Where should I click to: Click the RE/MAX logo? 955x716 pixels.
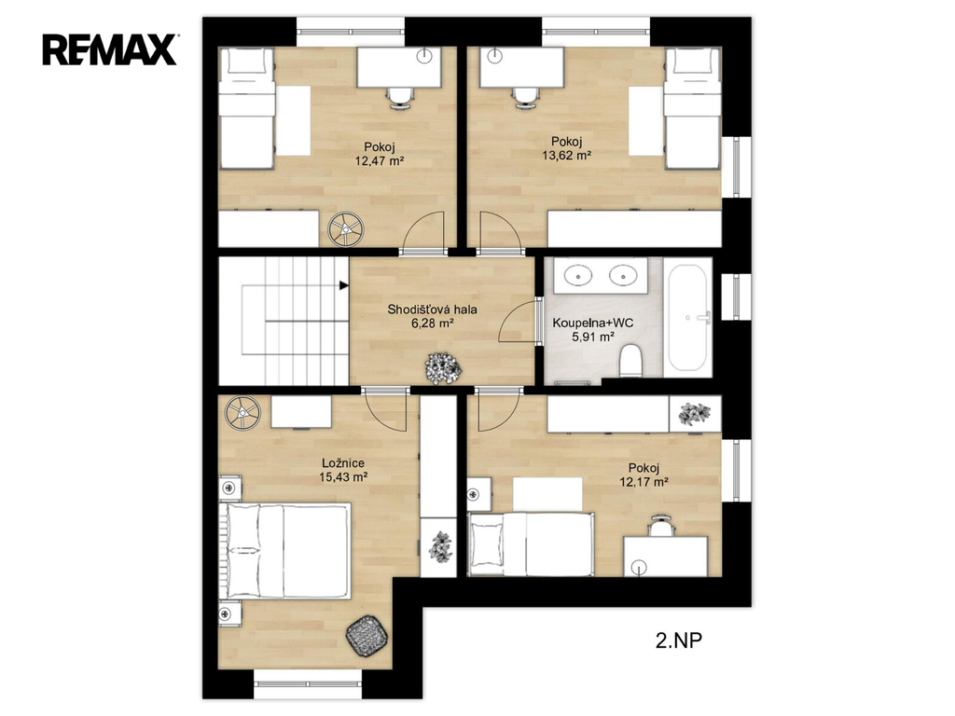pyautogui.click(x=110, y=49)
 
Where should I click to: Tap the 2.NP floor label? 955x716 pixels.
pyautogui.click(x=679, y=640)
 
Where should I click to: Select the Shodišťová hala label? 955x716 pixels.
pyautogui.click(x=433, y=310)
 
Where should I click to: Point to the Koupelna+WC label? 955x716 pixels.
pyautogui.click(x=592, y=323)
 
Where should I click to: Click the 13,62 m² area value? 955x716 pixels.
pyautogui.click(x=566, y=156)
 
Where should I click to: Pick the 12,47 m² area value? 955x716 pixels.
pyautogui.click(x=381, y=160)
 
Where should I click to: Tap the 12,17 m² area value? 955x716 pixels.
pyautogui.click(x=644, y=482)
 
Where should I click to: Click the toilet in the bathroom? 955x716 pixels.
pyautogui.click(x=630, y=360)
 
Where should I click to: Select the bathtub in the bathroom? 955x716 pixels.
pyautogui.click(x=687, y=317)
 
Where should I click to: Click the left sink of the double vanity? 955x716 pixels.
pyautogui.click(x=576, y=275)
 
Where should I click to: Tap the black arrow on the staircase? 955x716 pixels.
pyautogui.click(x=343, y=285)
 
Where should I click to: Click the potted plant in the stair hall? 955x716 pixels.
pyautogui.click(x=443, y=368)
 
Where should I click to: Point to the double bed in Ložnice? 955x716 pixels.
pyautogui.click(x=285, y=551)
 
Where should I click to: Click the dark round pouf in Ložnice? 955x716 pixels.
pyautogui.click(x=367, y=636)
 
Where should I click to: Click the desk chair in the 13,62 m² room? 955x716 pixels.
pyautogui.click(x=526, y=97)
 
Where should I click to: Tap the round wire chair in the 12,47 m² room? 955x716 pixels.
pyautogui.click(x=345, y=229)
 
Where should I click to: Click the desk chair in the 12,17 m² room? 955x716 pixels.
pyautogui.click(x=661, y=526)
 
